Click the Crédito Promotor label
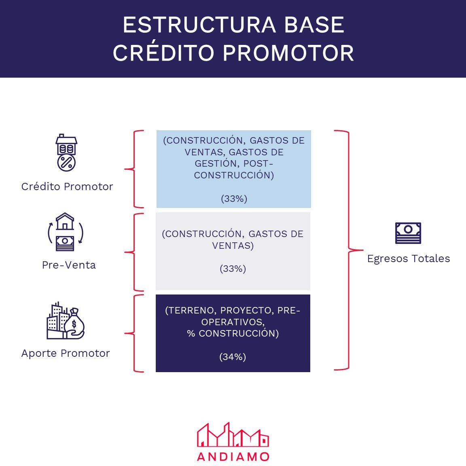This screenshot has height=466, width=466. (x=67, y=186)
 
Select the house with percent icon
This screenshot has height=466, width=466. (x=66, y=153)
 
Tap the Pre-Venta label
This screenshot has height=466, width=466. (x=69, y=265)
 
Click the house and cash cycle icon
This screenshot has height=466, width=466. (x=65, y=232)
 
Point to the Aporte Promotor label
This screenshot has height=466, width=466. (x=66, y=353)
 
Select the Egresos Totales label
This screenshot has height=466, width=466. (x=409, y=258)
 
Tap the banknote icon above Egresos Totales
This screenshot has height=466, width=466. (x=408, y=233)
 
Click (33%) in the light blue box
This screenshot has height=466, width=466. (x=234, y=199)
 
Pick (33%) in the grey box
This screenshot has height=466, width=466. (x=233, y=269)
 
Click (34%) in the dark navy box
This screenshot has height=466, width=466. (x=233, y=357)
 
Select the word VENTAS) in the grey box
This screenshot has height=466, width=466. (x=233, y=246)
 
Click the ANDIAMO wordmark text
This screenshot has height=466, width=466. (x=233, y=457)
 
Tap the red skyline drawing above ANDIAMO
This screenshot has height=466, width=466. (x=233, y=435)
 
